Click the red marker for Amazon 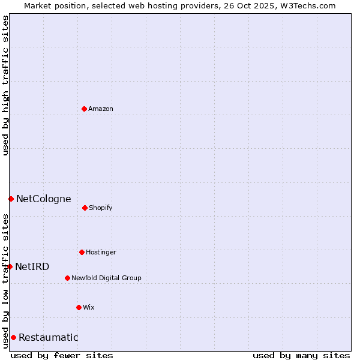pyautogui.click(x=84, y=109)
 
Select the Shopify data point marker pyautogui.click(x=85, y=208)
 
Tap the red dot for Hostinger pyautogui.click(x=82, y=252)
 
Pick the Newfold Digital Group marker pyautogui.click(x=67, y=278)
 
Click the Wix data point pyautogui.click(x=79, y=307)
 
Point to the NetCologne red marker pyautogui.click(x=11, y=199)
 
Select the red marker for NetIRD pyautogui.click(x=10, y=266)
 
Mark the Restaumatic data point pyautogui.click(x=13, y=337)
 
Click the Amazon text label pyautogui.click(x=101, y=109)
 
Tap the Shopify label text pyautogui.click(x=101, y=208)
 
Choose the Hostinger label pyautogui.click(x=101, y=252)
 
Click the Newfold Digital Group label pyautogui.click(x=106, y=278)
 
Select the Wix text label pyautogui.click(x=89, y=307)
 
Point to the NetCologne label pyautogui.click(x=43, y=199)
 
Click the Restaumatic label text pyautogui.click(x=48, y=337)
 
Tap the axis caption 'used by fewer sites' pyautogui.click(x=62, y=355)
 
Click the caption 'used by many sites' pyautogui.click(x=301, y=355)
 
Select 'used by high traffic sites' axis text pyautogui.click(x=5, y=85)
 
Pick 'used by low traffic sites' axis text pyautogui.click(x=5, y=281)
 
